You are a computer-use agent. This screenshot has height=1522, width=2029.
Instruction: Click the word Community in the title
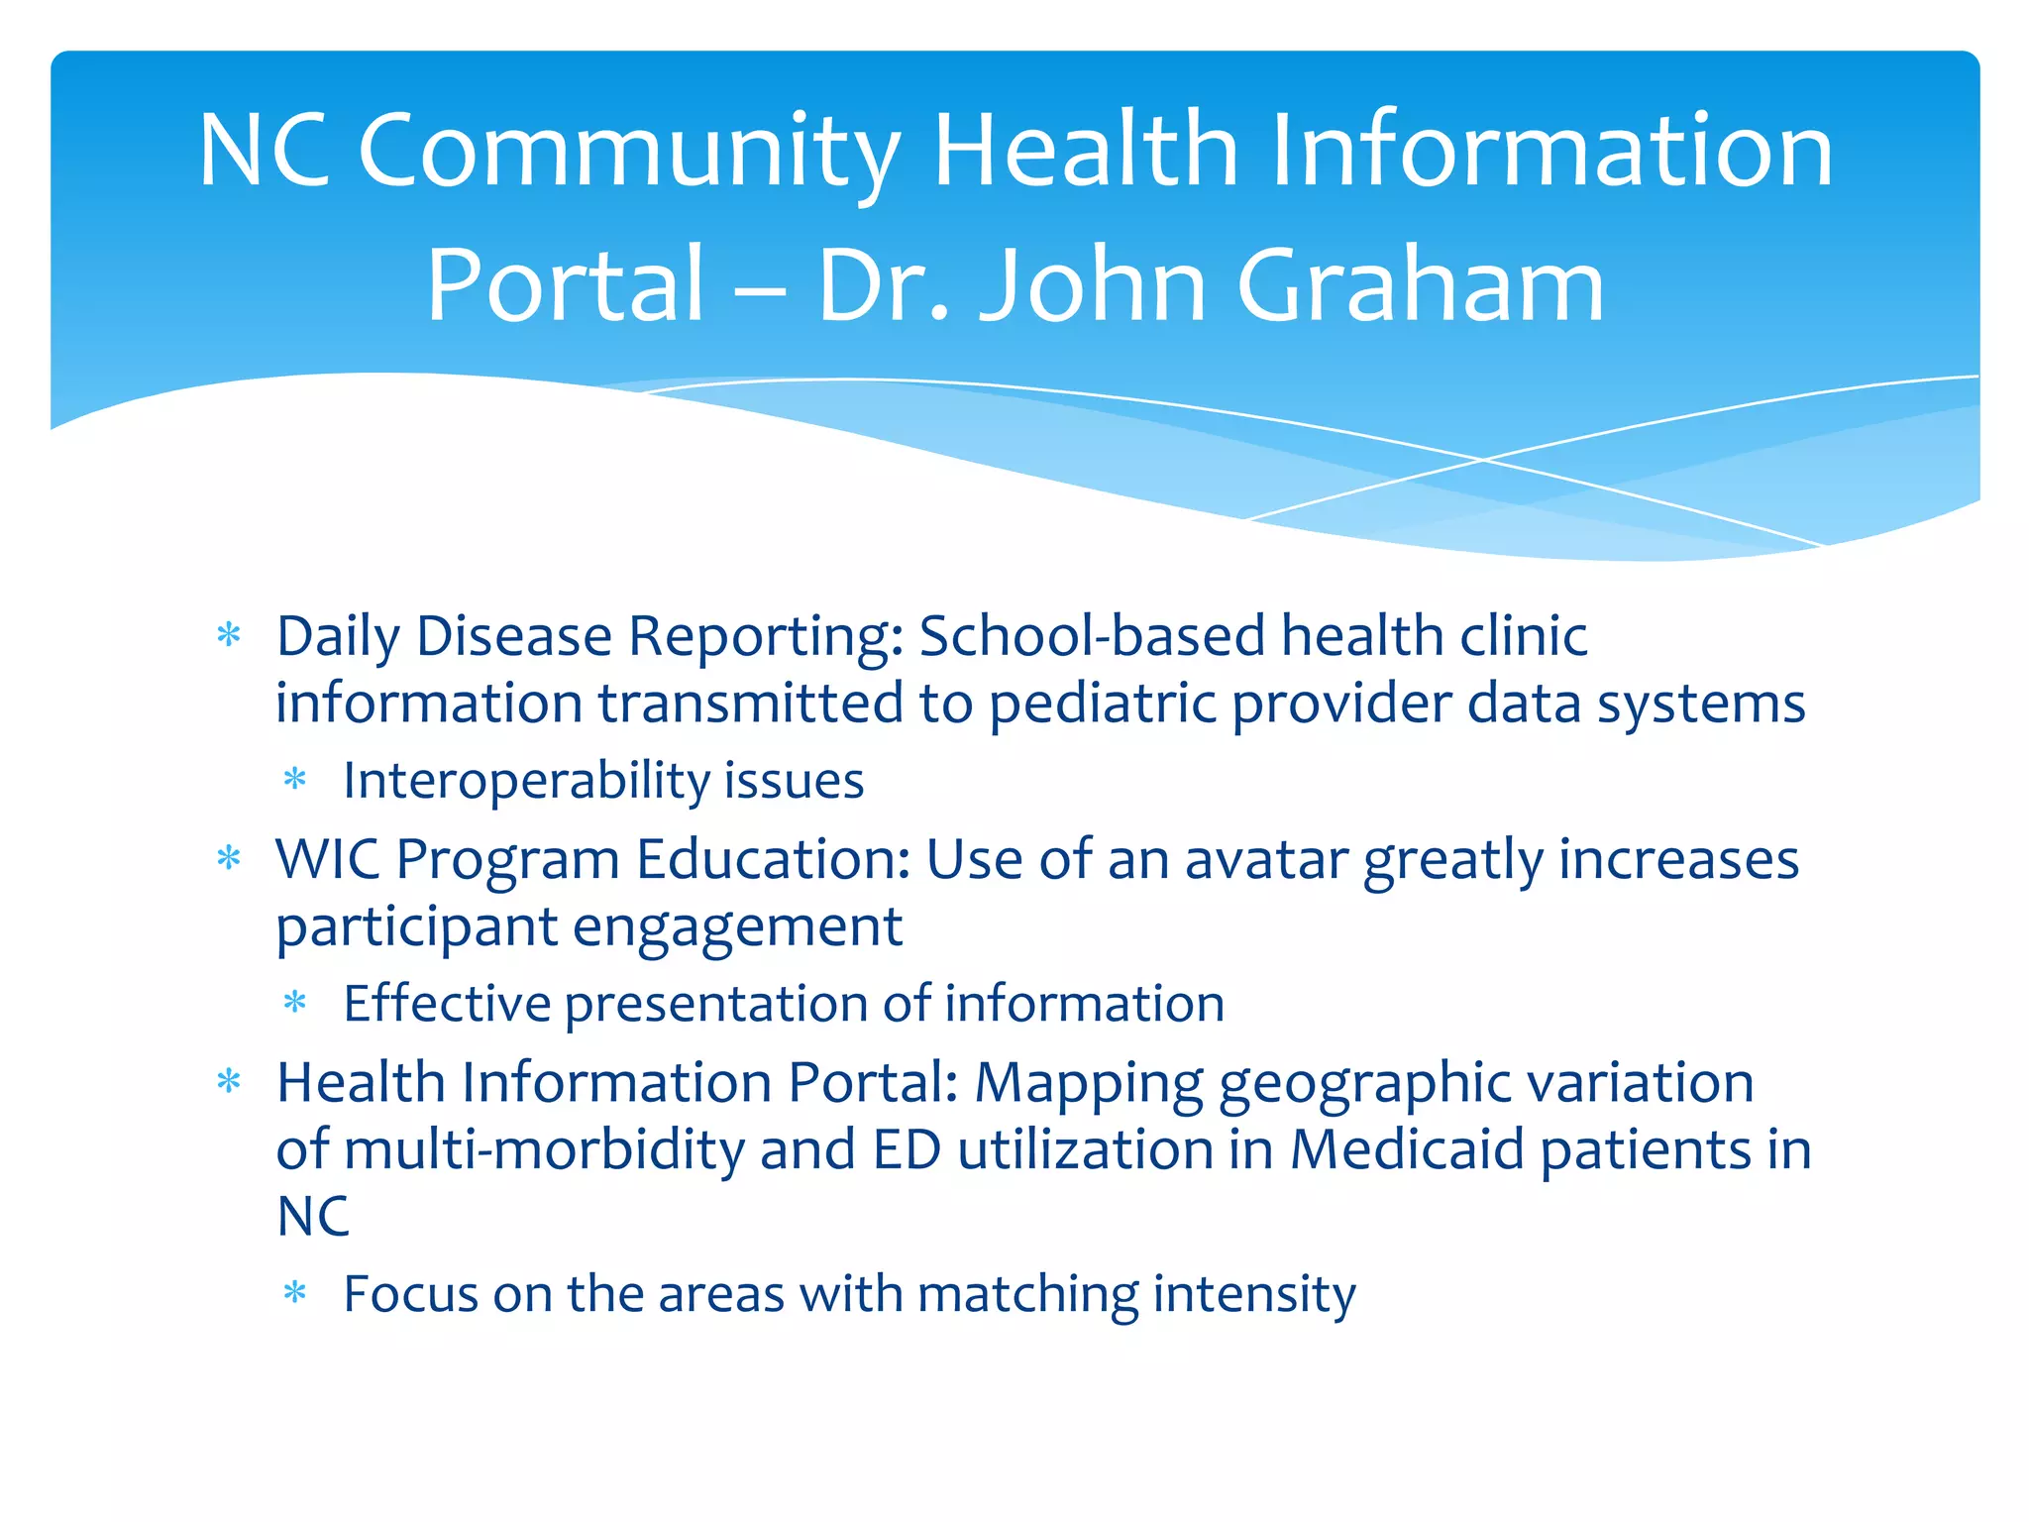(628, 151)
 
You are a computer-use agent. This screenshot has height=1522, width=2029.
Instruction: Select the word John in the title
(1092, 285)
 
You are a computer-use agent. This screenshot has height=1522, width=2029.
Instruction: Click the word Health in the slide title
(1086, 151)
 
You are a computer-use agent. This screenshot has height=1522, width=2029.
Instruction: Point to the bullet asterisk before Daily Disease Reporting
(229, 636)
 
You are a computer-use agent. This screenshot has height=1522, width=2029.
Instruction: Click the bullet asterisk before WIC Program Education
(229, 859)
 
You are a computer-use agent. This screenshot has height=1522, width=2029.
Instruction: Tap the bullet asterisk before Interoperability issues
(295, 781)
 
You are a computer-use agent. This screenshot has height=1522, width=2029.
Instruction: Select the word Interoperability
(526, 781)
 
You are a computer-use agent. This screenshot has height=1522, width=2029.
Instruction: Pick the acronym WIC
(327, 859)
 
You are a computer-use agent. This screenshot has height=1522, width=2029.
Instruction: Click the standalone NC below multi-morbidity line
(313, 1217)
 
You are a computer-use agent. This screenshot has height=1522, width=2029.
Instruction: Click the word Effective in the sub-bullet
(447, 1004)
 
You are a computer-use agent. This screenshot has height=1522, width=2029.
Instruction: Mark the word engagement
(737, 927)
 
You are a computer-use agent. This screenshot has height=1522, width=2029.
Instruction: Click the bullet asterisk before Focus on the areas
(295, 1293)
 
